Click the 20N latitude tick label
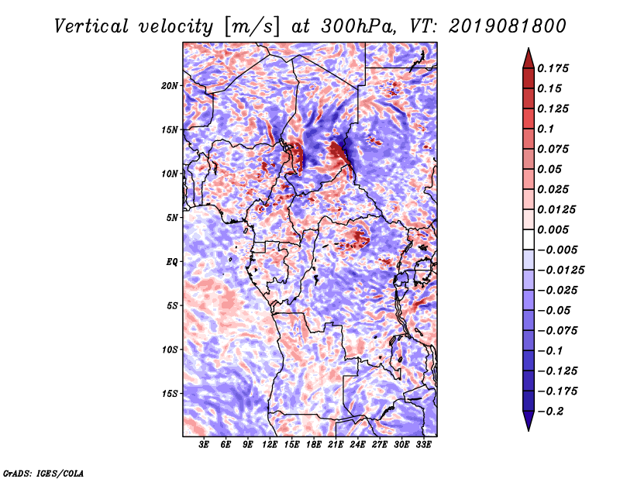[x=170, y=85]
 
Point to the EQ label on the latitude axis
[x=172, y=262]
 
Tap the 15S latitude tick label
[x=170, y=394]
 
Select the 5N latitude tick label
[x=172, y=218]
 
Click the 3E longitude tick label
[x=205, y=446]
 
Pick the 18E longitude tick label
[x=314, y=446]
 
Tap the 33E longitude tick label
[x=423, y=446]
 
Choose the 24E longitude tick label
[x=358, y=446]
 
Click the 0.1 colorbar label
[x=547, y=129]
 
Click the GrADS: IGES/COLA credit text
[x=43, y=472]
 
